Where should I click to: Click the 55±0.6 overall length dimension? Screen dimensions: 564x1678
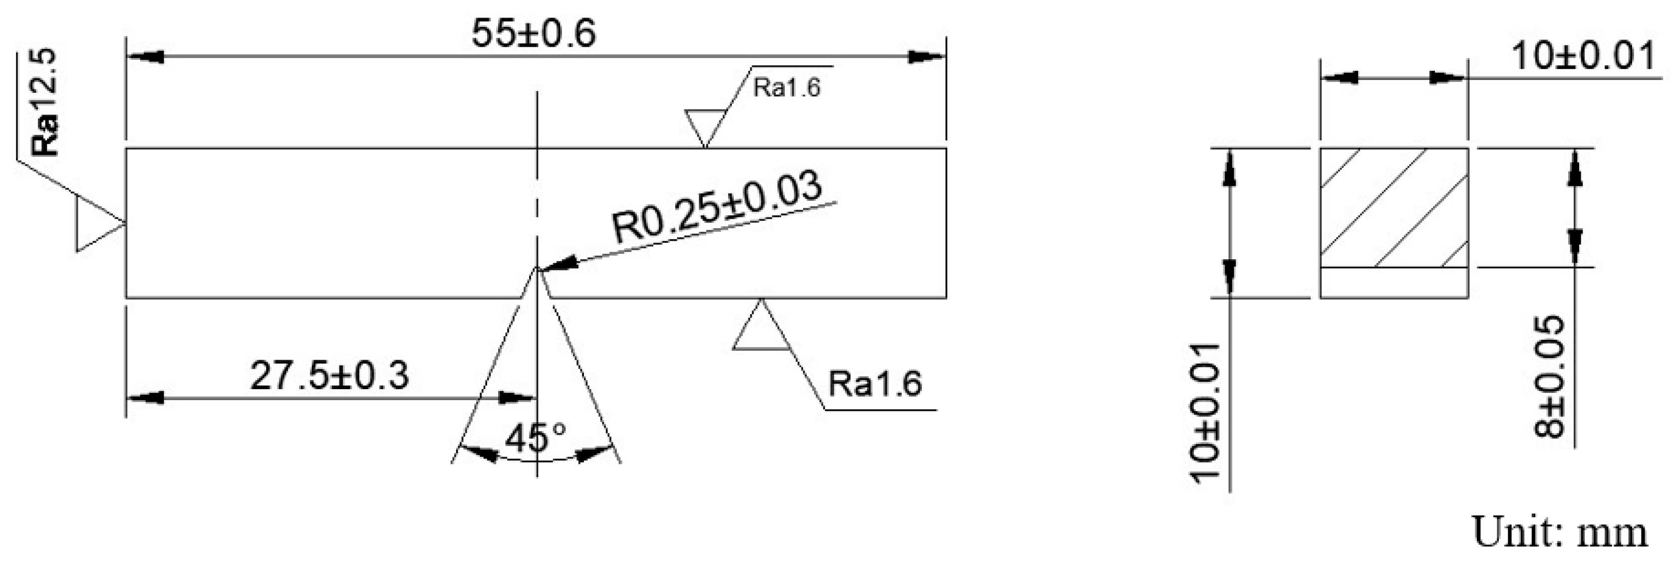tap(533, 34)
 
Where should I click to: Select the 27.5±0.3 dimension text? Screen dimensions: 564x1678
tap(329, 376)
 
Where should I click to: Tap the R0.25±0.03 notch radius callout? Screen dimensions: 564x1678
tap(717, 207)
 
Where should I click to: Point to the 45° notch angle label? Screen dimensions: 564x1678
tap(536, 438)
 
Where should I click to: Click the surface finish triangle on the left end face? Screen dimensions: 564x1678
tap(94, 224)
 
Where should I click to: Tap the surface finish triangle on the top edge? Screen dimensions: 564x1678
tap(705, 126)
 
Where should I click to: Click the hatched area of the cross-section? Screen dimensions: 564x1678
tap(1394, 207)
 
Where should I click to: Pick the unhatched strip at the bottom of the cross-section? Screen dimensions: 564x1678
tap(1394, 283)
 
